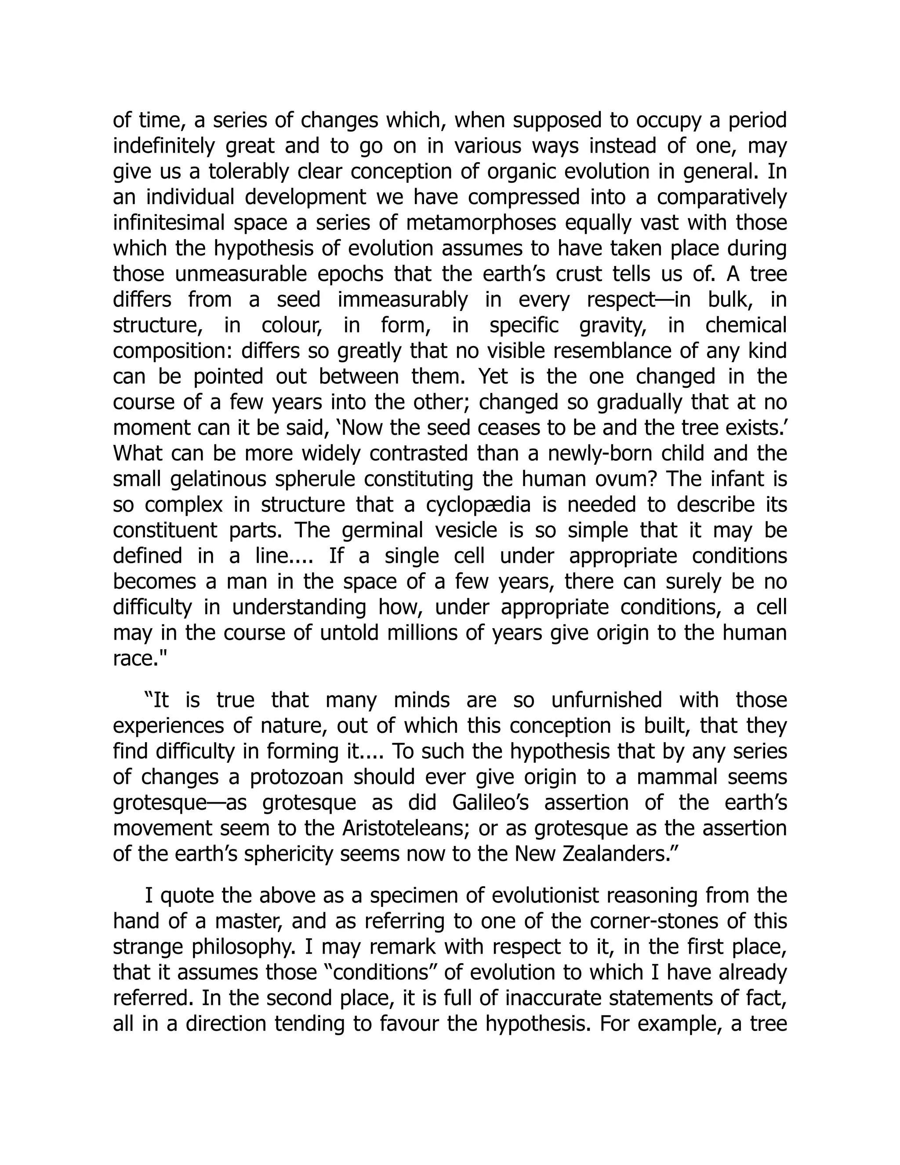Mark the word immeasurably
coord(403,299)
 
